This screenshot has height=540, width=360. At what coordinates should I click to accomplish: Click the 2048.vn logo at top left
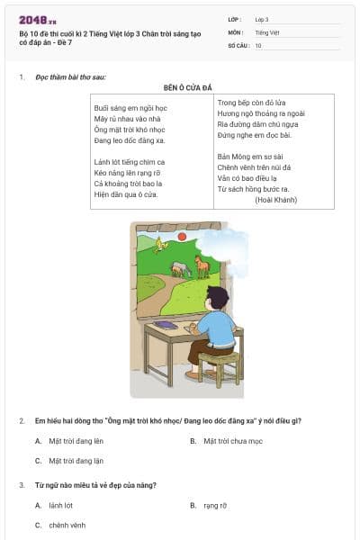pyautogui.click(x=37, y=20)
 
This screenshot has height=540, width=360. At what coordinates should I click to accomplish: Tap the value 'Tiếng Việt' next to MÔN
pyautogui.click(x=268, y=31)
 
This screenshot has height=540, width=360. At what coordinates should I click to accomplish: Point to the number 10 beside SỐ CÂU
pyautogui.click(x=258, y=44)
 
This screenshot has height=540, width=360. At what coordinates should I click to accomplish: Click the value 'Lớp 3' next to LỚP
pyautogui.click(x=262, y=19)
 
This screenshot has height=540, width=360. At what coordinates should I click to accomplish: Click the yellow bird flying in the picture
pyautogui.click(x=161, y=243)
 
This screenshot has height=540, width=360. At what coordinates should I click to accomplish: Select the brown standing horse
pyautogui.click(x=202, y=265)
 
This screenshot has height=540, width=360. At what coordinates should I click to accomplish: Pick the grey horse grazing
pyautogui.click(x=180, y=268)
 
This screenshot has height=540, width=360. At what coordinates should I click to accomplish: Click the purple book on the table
pyautogui.click(x=165, y=325)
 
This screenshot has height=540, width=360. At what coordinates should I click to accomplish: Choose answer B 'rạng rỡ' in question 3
pyautogui.click(x=215, y=506)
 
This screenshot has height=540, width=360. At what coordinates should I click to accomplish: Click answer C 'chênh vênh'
pyautogui.click(x=67, y=525)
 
